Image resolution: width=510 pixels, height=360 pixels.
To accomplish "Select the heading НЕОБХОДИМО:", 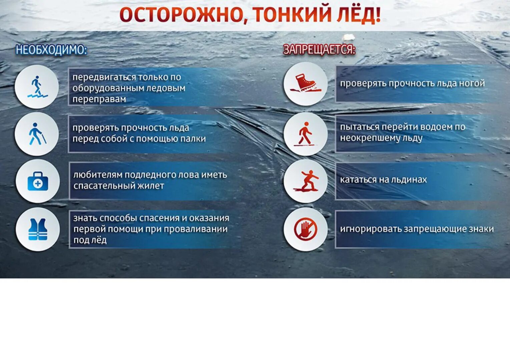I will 51,50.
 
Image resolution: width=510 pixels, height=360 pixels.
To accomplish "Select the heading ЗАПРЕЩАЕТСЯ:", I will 319,50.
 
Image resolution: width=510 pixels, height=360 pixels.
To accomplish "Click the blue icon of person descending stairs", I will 37,87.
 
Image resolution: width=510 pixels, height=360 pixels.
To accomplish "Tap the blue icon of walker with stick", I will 37,134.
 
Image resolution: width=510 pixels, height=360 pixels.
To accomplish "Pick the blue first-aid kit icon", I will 38,181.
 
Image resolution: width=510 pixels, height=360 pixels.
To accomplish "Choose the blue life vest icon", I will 38,230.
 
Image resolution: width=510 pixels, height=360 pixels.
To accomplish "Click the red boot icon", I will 306,83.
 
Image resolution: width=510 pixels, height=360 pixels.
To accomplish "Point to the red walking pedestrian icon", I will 306,134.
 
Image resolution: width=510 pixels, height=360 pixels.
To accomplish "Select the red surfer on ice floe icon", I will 306,181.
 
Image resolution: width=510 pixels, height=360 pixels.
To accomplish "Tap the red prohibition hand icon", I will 306,229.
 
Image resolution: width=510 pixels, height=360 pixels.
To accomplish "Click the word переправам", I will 99,99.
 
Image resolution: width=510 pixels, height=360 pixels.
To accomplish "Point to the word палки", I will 193,139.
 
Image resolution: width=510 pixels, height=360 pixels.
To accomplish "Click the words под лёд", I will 90,240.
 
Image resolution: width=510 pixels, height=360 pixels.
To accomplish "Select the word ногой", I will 472,83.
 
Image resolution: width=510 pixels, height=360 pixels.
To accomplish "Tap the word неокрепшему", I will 365,138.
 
